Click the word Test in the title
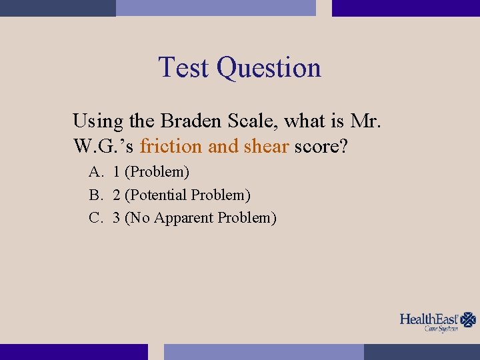tap(184, 67)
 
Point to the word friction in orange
tap(171, 146)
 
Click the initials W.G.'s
tap(104, 146)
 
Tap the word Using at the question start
tap(98, 122)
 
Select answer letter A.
tap(95, 172)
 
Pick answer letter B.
tap(95, 195)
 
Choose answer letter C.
tap(95, 218)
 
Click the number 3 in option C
tap(117, 218)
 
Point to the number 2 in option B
tap(117, 195)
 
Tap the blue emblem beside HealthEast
tap(469, 319)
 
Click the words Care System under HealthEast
tap(441, 329)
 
